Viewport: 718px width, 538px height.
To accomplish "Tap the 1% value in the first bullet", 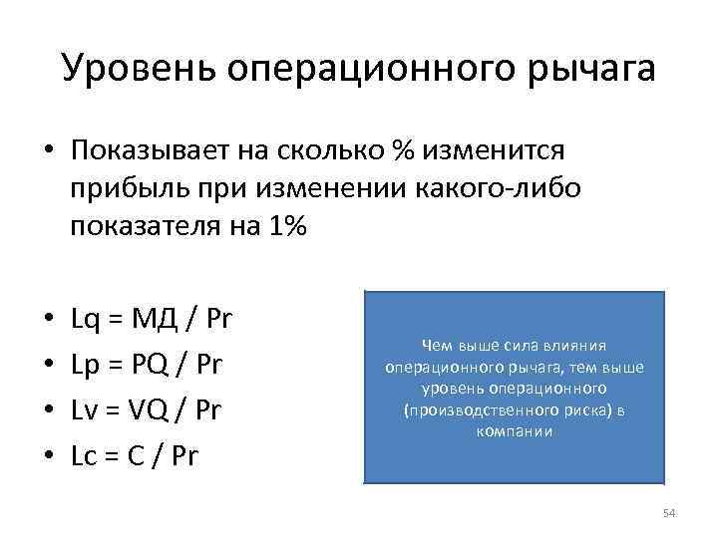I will point(286,226).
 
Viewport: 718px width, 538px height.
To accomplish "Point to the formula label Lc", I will point(83,456).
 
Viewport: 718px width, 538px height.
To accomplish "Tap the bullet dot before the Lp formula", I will point(49,366).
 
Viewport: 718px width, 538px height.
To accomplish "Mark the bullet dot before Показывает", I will point(49,151).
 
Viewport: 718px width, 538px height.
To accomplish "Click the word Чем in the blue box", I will point(436,346).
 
